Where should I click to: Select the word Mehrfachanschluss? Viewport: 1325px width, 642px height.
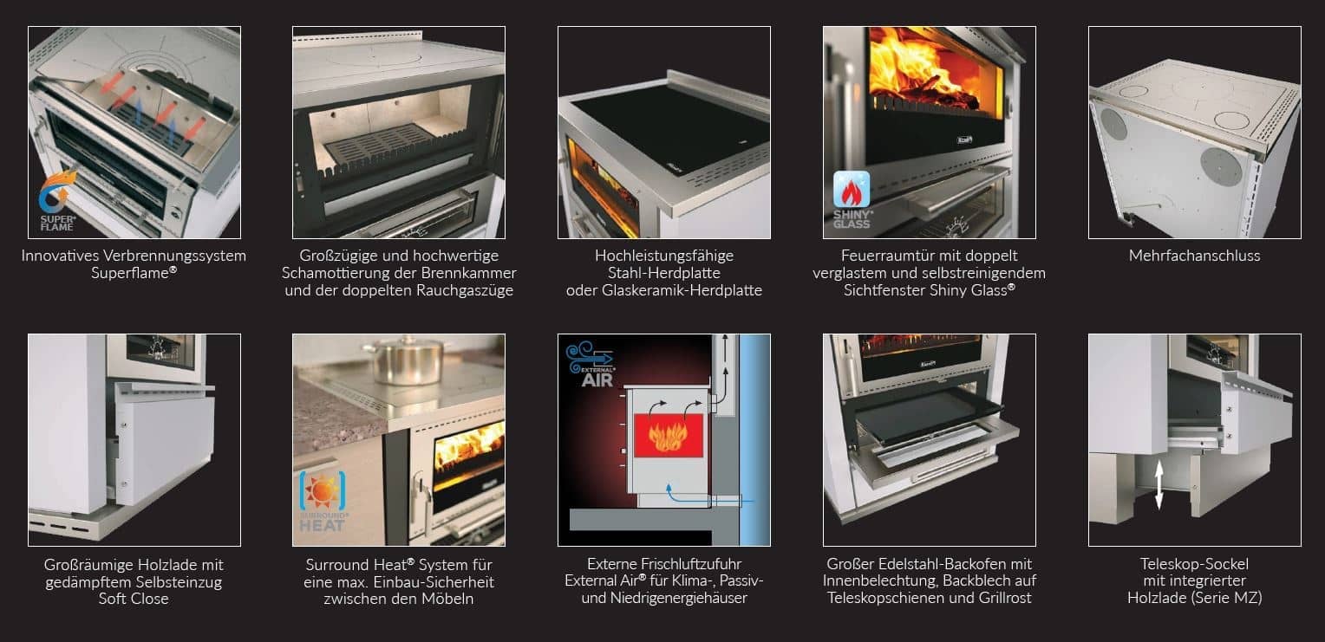click(1194, 256)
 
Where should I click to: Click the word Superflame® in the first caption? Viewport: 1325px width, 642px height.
click(133, 273)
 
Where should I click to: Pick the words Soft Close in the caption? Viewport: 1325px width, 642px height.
click(134, 599)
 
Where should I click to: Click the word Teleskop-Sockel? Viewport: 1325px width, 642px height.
click(1194, 564)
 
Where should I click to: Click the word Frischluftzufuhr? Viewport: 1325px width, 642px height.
click(689, 564)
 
